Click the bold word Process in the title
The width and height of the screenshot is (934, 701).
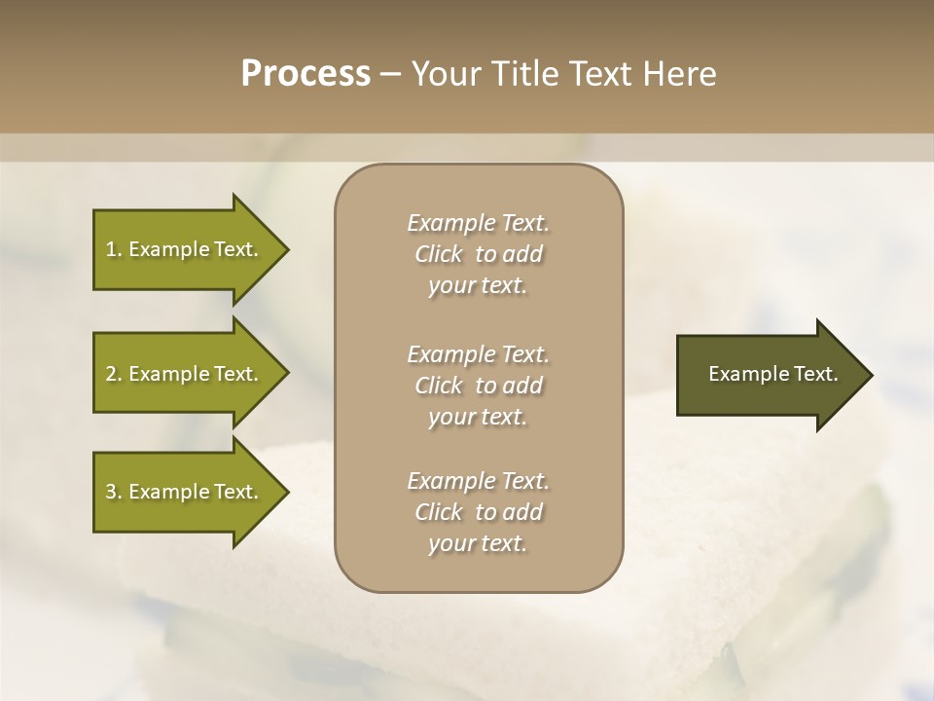(x=305, y=74)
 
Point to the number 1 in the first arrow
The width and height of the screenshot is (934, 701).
(x=111, y=249)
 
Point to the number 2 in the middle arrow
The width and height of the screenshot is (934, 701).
(x=111, y=374)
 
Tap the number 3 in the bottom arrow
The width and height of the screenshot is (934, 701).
(x=111, y=492)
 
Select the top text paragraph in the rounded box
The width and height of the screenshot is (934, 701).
(x=478, y=254)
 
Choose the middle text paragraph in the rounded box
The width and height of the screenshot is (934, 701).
(x=478, y=386)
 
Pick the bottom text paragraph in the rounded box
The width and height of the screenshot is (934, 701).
(x=478, y=512)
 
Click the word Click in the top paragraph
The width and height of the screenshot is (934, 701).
(x=439, y=254)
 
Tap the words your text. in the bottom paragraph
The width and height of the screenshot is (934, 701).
(x=478, y=543)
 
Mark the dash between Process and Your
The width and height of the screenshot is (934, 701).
(x=390, y=75)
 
